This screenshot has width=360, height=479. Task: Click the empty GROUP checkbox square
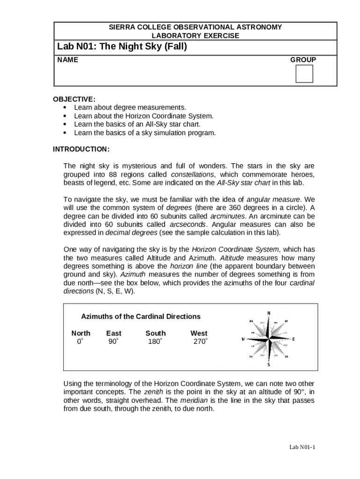304,74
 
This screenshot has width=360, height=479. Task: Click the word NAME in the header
68,60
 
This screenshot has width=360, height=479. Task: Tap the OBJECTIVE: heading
74,99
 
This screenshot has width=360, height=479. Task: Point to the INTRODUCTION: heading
81,149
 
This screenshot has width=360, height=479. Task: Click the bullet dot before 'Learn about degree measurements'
65,108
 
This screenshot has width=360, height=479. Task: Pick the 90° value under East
113,341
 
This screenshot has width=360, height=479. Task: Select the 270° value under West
200,341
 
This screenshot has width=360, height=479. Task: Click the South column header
155,333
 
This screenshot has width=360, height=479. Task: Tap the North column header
81,333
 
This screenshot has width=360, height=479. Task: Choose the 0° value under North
80,341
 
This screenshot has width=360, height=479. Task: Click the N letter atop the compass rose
269,313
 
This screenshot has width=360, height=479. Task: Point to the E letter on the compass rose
294,339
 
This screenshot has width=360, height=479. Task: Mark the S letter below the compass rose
269,365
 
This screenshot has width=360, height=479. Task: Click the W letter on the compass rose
243,339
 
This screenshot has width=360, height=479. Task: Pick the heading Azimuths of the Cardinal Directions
141,317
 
